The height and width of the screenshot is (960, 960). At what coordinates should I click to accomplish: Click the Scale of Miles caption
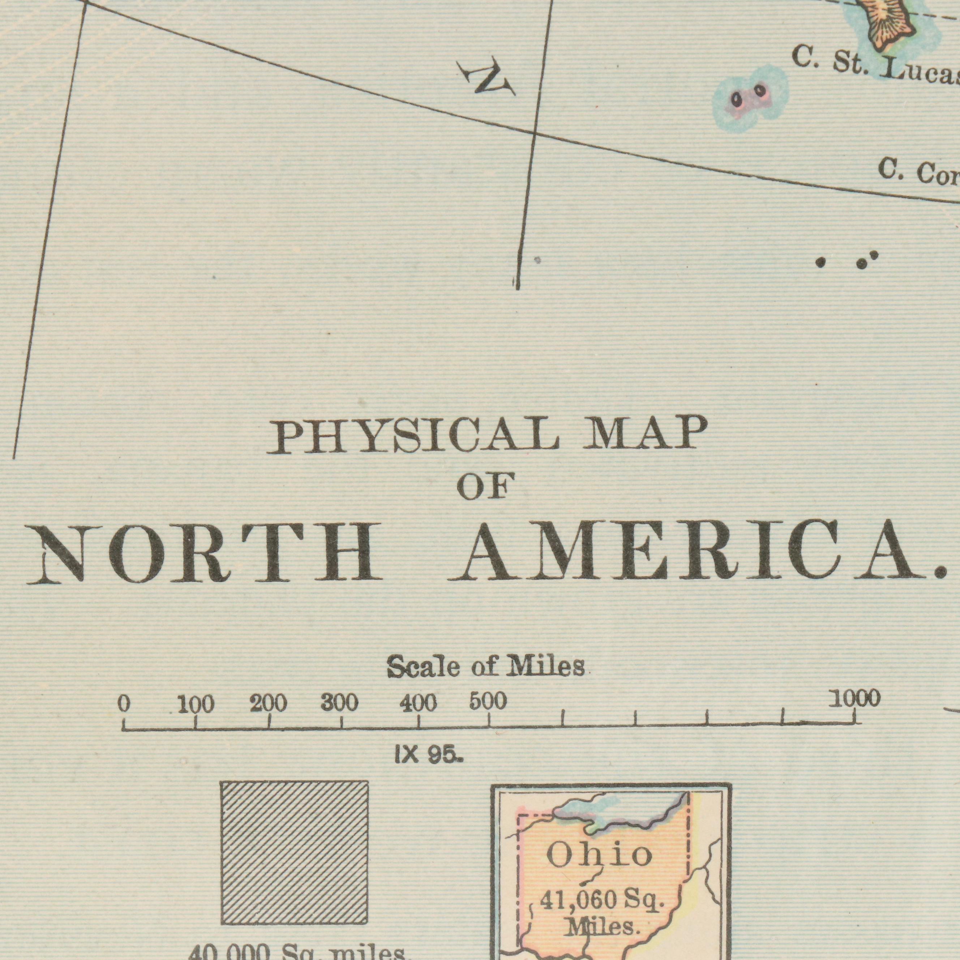coord(485,667)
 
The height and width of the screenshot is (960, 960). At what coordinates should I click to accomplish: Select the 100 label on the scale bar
coord(196,704)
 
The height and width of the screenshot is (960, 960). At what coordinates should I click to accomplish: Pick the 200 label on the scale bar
coord(268,704)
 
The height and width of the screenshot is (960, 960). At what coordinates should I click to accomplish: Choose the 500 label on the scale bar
coord(488,702)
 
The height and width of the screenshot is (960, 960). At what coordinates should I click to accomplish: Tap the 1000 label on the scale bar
coord(854,699)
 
